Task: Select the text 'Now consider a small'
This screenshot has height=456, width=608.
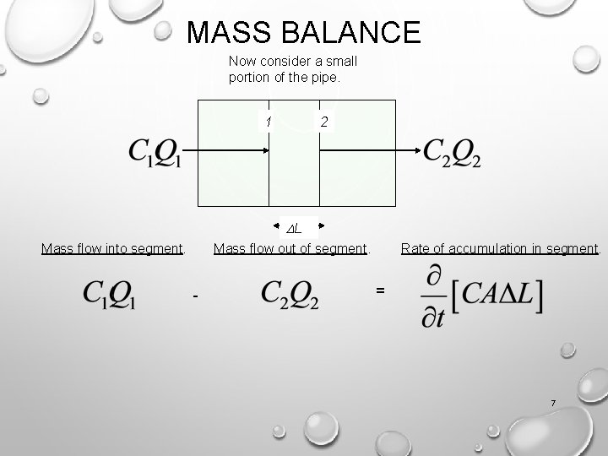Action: click(293, 62)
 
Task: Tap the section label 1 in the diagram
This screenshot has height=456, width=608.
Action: click(268, 122)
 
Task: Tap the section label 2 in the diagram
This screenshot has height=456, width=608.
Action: click(325, 122)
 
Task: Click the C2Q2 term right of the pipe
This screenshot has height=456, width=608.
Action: click(452, 152)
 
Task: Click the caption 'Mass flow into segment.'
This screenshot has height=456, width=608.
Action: click(113, 248)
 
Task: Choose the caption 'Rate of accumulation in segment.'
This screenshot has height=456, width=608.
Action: click(501, 248)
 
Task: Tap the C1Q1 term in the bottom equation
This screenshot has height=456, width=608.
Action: click(110, 294)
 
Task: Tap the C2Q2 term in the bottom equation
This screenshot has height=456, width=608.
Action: click(290, 294)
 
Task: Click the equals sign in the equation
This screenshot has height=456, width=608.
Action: click(380, 290)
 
